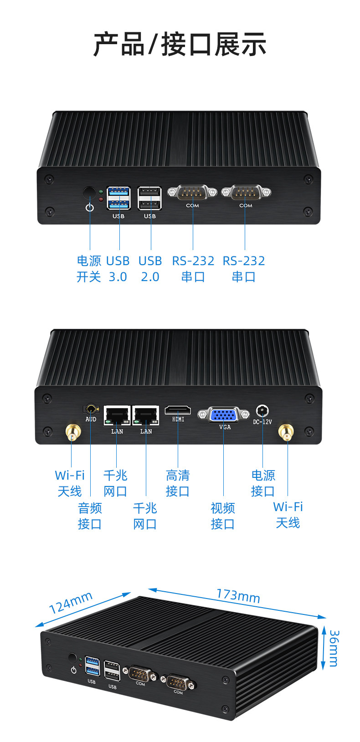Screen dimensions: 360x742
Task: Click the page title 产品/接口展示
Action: pyautogui.click(x=180, y=44)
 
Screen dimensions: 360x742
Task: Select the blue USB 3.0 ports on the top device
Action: pyautogui.click(x=118, y=198)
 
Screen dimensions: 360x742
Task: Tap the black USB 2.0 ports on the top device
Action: pyautogui.click(x=149, y=198)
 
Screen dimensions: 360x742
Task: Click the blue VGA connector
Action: pyautogui.click(x=223, y=414)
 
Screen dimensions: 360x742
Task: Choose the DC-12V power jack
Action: pyautogui.click(x=262, y=411)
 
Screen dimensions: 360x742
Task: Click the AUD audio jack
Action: pyautogui.click(x=91, y=409)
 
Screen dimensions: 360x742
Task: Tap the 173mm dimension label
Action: pyautogui.click(x=238, y=596)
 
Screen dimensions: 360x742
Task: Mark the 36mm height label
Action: pyautogui.click(x=334, y=649)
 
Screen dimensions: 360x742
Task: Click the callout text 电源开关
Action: pyautogui.click(x=89, y=269)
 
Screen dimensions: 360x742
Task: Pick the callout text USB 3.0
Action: pyautogui.click(x=118, y=269)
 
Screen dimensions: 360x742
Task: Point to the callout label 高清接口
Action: pyautogui.click(x=178, y=483)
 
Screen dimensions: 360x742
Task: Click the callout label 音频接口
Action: pyautogui.click(x=89, y=516)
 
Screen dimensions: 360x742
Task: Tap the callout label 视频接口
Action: pyautogui.click(x=223, y=516)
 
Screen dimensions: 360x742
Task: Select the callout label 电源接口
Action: pyautogui.click(x=263, y=483)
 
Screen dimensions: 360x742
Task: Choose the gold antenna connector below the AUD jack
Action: pyautogui.click(x=73, y=432)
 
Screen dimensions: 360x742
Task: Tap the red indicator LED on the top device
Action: pyautogui.click(x=101, y=199)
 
